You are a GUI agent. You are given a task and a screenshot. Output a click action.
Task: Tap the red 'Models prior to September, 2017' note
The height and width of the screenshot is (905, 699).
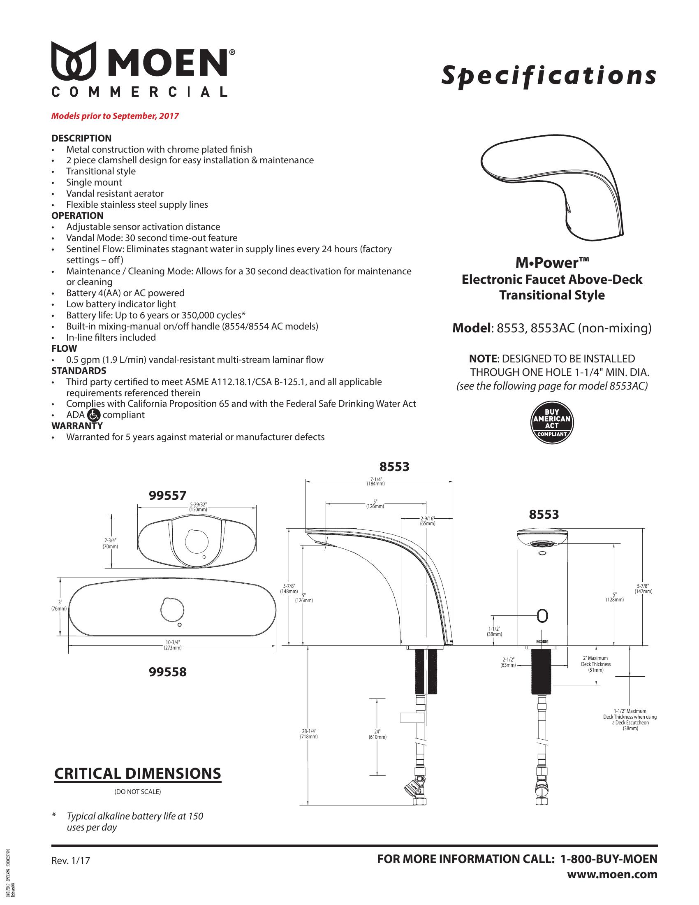click(x=115, y=116)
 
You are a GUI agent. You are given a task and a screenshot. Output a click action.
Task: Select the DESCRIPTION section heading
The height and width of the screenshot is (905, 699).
click(x=81, y=138)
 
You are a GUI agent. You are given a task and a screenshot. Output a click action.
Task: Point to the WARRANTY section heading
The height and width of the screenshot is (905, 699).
click(x=76, y=426)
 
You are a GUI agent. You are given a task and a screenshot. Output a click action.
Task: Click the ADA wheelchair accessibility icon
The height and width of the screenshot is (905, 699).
click(x=94, y=414)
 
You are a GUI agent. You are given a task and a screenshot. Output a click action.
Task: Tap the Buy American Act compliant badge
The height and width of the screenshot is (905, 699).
click(x=552, y=423)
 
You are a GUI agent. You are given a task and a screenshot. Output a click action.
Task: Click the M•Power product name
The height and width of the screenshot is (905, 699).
click(x=551, y=263)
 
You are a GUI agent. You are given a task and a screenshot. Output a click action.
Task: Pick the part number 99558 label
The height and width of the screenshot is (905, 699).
click(x=167, y=672)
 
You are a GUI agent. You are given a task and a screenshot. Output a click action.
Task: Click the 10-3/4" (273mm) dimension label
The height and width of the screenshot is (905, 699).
click(x=173, y=645)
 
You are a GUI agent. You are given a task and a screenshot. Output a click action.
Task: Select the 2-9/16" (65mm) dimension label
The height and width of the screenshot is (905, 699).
click(x=427, y=521)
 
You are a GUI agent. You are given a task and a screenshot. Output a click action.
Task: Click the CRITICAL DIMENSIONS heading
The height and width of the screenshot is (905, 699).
click(x=137, y=774)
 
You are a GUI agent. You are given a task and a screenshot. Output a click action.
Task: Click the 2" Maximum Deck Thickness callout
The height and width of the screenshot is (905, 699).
click(x=595, y=664)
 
